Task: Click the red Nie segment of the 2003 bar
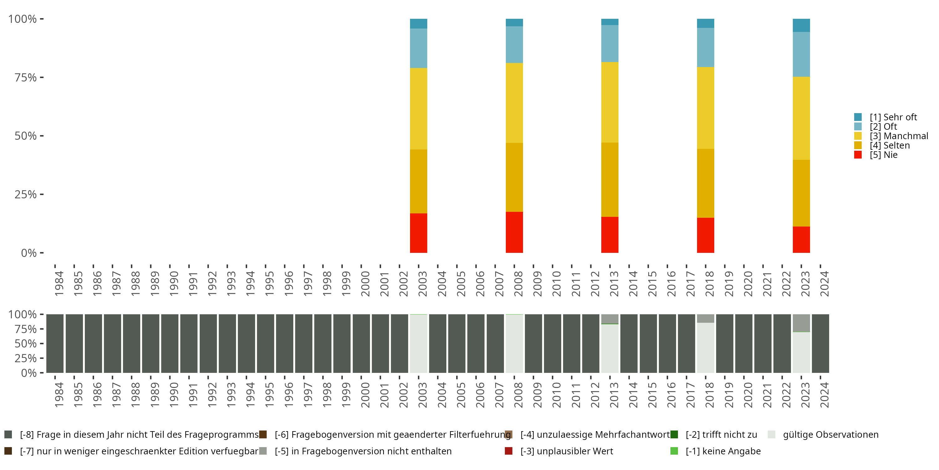point(418,233)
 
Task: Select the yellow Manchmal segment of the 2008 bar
point(514,102)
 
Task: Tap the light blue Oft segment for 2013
point(609,44)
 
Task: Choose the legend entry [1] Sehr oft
point(893,117)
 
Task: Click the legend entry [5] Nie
point(883,155)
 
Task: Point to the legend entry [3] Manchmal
point(899,136)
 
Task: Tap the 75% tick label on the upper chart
point(26,77)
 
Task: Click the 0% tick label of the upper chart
point(28,253)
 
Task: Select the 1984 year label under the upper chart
point(59,284)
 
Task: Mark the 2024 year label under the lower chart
point(824,395)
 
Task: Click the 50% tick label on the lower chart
point(26,344)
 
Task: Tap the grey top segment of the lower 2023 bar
point(801,323)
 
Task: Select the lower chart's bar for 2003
point(418,344)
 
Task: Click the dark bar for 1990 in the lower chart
point(170,344)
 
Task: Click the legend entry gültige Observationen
point(830,435)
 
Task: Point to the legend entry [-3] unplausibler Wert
point(567,451)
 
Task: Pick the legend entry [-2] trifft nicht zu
point(721,435)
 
